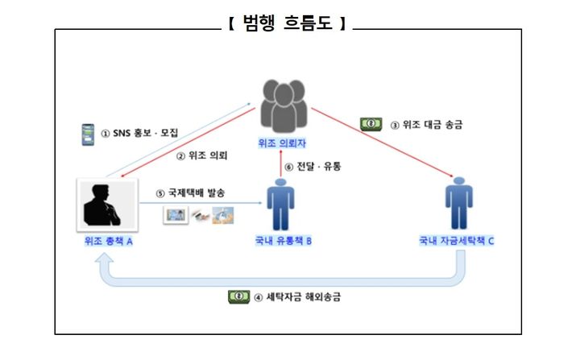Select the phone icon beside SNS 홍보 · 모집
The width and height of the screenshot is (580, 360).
pos(89,132)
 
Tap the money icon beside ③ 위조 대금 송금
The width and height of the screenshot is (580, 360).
pos(371,124)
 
